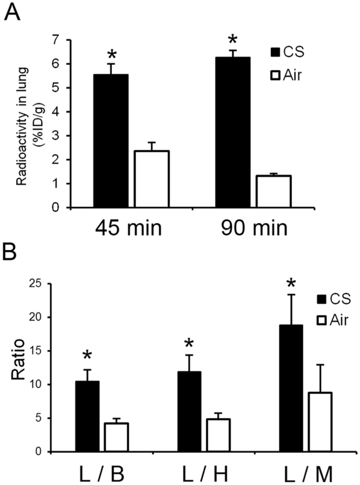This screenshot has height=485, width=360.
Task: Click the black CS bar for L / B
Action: [87, 416]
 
